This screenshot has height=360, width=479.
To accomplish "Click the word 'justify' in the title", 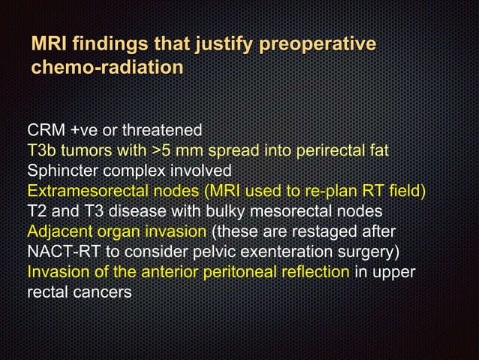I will pos(222,45).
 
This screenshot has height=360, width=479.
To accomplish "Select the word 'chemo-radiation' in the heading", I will pos(107,68).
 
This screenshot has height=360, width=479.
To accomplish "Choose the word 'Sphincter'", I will pos(62,171).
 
